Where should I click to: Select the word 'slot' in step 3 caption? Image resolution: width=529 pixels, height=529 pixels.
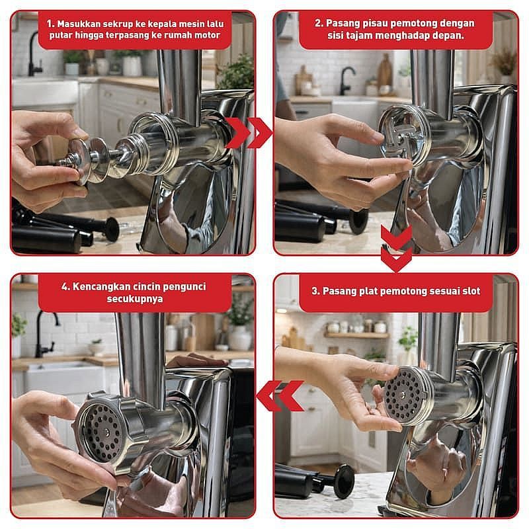tap(471, 291)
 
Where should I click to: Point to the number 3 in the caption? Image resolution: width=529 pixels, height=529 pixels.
tap(315, 291)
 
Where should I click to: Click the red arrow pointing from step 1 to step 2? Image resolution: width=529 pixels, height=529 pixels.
tap(249, 133)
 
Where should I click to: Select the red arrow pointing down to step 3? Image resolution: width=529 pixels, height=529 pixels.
tap(397, 247)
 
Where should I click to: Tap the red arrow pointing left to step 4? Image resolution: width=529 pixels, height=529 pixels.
tap(280, 395)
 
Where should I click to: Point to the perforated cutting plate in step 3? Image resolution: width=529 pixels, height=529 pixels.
tap(403, 395)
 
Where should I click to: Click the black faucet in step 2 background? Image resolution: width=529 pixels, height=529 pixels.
tap(346, 80)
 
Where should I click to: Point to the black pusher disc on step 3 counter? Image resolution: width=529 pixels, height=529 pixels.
tap(343, 482)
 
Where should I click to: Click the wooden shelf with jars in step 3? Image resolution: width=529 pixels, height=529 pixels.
tap(356, 335)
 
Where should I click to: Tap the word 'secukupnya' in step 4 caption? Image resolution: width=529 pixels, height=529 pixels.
tap(135, 299)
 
